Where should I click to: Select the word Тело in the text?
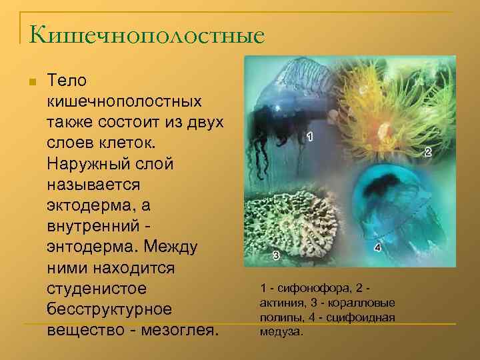pyautogui.click(x=67, y=81)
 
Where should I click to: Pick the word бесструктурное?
pyautogui.click(x=109, y=311)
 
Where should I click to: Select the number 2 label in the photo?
pyautogui.click(x=427, y=152)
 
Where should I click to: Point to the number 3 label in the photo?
pyautogui.click(x=275, y=255)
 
